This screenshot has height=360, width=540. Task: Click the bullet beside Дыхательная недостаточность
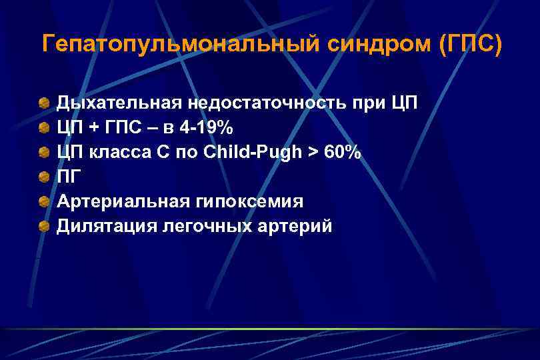[44, 103]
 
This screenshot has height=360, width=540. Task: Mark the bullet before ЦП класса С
[44, 153]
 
